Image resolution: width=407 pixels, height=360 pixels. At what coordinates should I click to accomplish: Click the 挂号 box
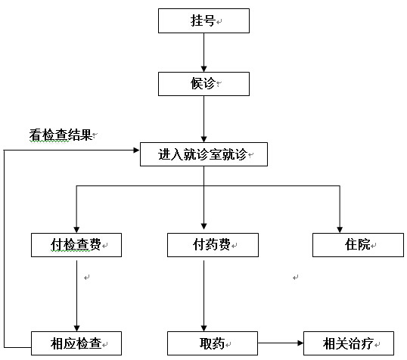point(203,20)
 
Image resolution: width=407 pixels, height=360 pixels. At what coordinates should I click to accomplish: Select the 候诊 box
point(203,84)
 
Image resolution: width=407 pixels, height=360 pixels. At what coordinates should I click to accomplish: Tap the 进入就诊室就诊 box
point(203,154)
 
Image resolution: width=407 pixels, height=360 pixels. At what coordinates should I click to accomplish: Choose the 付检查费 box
point(76,245)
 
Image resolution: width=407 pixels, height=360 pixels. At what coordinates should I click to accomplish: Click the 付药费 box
point(213,245)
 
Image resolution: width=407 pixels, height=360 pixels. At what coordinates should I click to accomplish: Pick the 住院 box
point(358,245)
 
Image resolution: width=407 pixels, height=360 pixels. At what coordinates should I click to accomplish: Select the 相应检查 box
point(76,343)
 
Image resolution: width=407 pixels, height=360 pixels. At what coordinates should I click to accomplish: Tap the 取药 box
point(213,343)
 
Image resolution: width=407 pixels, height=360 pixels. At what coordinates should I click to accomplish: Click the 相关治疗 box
point(349,343)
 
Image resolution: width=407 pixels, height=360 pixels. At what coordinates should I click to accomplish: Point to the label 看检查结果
point(61,135)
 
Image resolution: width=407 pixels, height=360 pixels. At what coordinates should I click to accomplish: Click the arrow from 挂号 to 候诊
point(203,52)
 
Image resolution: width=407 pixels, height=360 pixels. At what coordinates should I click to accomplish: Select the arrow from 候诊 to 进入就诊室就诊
point(203,119)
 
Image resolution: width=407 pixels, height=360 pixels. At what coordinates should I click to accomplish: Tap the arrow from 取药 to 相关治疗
point(281,343)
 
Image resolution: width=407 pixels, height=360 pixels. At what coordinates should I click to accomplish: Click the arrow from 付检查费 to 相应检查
point(77,296)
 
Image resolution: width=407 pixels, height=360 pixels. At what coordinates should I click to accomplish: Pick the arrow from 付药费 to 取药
point(203,296)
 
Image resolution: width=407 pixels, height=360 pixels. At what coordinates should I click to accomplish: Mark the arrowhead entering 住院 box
point(340,230)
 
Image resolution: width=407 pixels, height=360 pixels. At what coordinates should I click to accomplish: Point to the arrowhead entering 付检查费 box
point(76,230)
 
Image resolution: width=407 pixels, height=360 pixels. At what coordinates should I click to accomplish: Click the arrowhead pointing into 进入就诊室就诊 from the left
point(136,150)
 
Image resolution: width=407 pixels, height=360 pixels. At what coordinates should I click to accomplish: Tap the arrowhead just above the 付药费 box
point(203,226)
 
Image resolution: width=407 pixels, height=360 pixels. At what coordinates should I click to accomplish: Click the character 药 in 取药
point(219,343)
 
